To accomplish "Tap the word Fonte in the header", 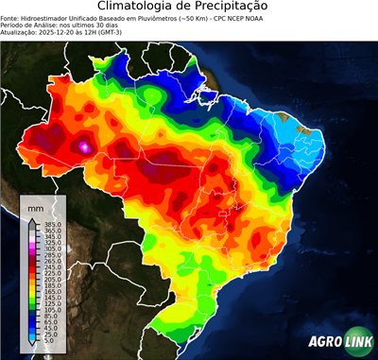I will click(x=9, y=18).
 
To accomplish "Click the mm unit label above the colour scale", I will click(x=37, y=206).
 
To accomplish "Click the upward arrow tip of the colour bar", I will click(x=29, y=219).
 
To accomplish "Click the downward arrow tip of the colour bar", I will click(x=29, y=349).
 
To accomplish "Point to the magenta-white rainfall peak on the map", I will click(x=85, y=146).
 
